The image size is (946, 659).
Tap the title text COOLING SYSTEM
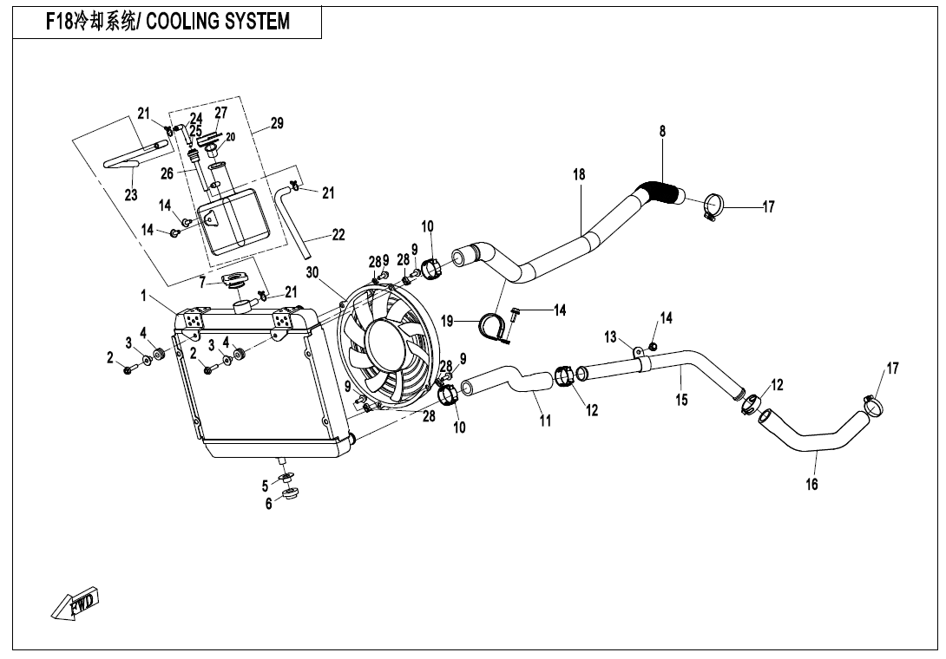tap(218, 22)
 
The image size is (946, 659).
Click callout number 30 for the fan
tap(312, 272)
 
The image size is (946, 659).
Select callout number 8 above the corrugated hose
tap(662, 132)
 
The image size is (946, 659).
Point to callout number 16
tap(811, 485)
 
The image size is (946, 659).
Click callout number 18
tap(579, 174)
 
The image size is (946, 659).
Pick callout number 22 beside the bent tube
tap(338, 234)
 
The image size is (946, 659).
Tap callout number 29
tap(276, 124)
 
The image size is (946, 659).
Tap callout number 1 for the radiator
tap(143, 296)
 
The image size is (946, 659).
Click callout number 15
tap(682, 400)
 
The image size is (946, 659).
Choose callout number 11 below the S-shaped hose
tap(545, 421)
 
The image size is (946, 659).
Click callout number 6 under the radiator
tap(269, 504)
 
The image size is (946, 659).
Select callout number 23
tap(130, 195)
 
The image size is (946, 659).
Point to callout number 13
tap(610, 336)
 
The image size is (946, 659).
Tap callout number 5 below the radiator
tap(266, 486)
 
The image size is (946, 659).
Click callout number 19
tap(447, 321)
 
